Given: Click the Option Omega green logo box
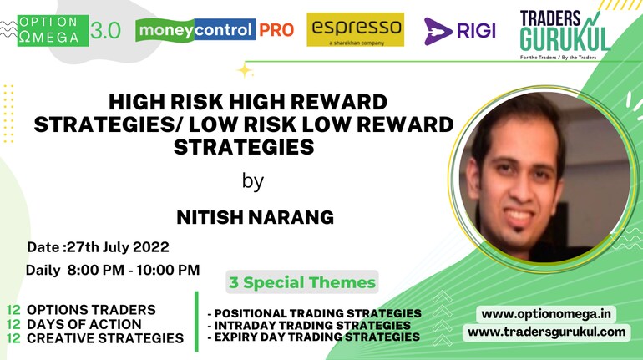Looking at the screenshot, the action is pyautogui.click(x=53, y=30).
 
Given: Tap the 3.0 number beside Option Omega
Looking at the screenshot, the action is pyautogui.click(x=105, y=31).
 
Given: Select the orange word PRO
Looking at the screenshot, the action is pyautogui.click(x=276, y=30).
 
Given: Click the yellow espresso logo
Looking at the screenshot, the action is pyautogui.click(x=355, y=29).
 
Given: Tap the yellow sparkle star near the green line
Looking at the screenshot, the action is pyautogui.click(x=245, y=70).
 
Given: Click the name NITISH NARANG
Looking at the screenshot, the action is pyautogui.click(x=255, y=217).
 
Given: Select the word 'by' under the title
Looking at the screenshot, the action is pyautogui.click(x=252, y=180).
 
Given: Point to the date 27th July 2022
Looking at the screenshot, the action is pyautogui.click(x=118, y=247).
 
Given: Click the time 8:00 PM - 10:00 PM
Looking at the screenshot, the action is pyautogui.click(x=134, y=270).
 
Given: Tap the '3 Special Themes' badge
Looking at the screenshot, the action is pyautogui.click(x=302, y=282).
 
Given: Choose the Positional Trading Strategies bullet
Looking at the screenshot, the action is pyautogui.click(x=315, y=314).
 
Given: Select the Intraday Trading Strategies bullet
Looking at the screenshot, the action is pyautogui.click(x=309, y=326).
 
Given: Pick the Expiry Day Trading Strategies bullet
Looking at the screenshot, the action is pyautogui.click(x=314, y=337).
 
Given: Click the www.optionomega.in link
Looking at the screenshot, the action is pyautogui.click(x=546, y=315).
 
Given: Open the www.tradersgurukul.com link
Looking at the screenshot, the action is pyautogui.click(x=547, y=332).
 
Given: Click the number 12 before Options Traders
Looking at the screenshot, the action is pyautogui.click(x=13, y=310).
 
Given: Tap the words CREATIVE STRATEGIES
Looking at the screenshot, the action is pyautogui.click(x=105, y=338).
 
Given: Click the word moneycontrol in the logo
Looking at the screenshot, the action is pyautogui.click(x=195, y=29).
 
